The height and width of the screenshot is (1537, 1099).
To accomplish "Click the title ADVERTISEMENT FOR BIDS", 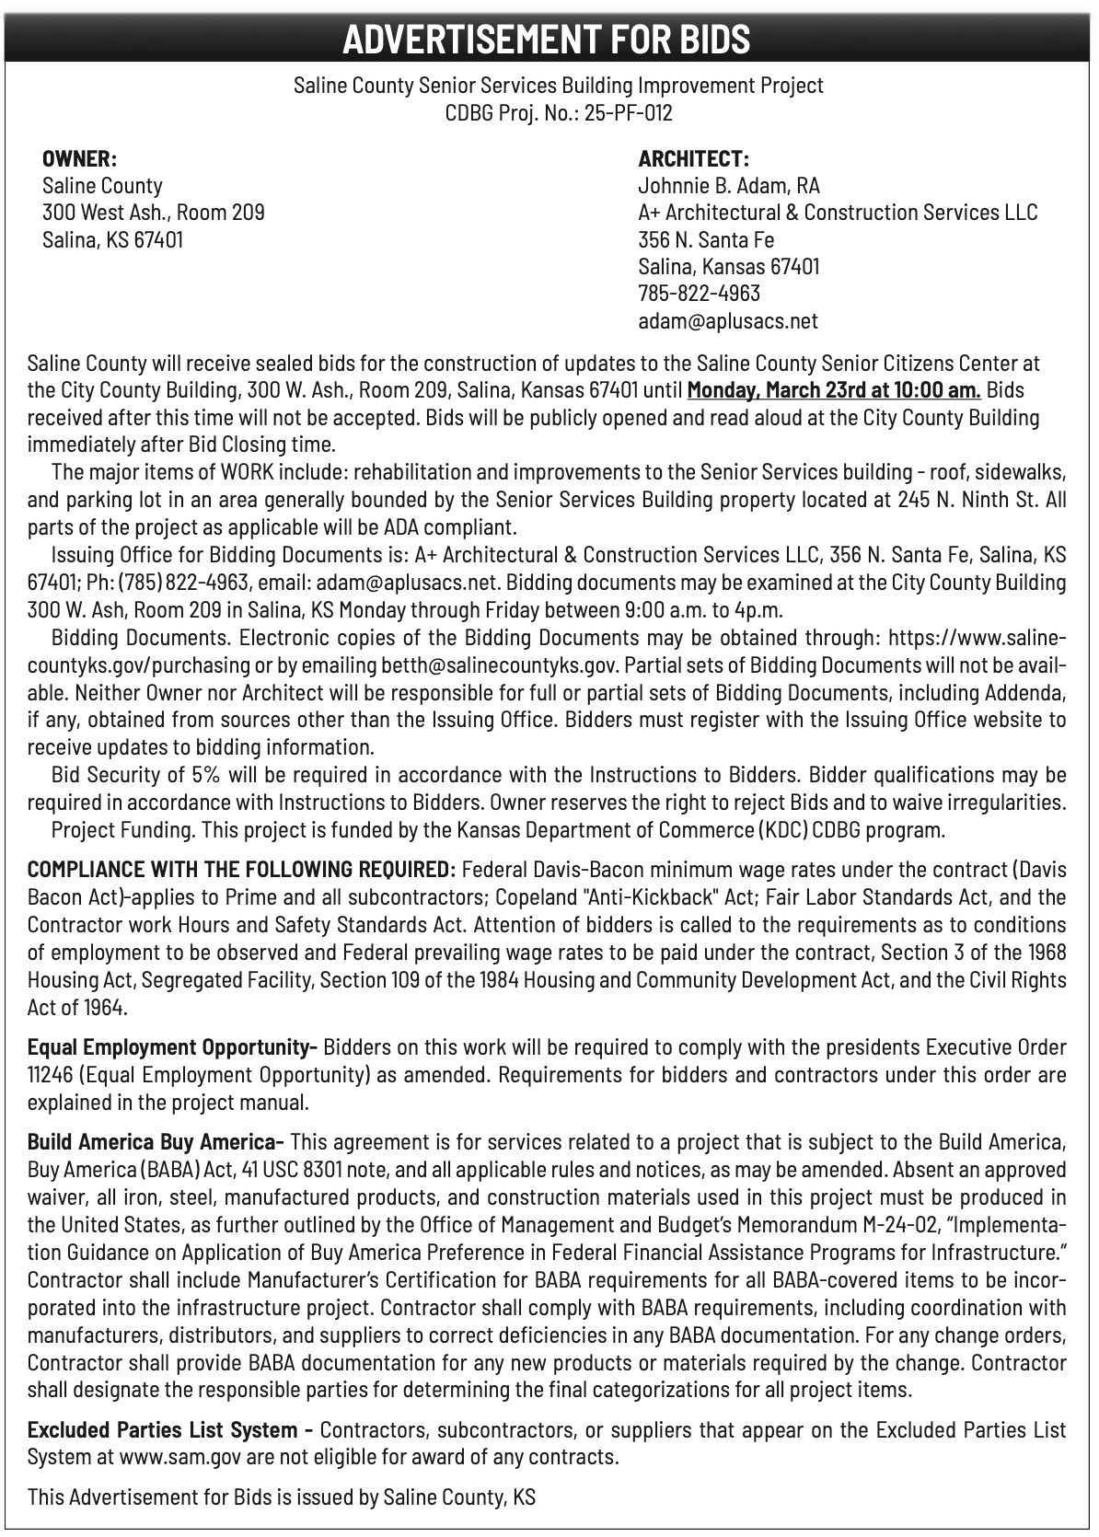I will point(547,39).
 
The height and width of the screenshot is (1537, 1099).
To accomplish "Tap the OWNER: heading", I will point(79,158).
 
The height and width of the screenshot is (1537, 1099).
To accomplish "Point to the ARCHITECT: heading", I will point(693,158).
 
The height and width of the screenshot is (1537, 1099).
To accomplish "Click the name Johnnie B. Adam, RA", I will point(728,186).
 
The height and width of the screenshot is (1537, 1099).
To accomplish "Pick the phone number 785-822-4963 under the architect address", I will point(699,294).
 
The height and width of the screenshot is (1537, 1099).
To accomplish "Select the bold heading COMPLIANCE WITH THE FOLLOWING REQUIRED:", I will point(241,870).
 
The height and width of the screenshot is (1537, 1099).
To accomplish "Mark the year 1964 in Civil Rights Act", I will point(103,1008).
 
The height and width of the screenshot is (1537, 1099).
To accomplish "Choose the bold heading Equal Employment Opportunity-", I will point(172,1047).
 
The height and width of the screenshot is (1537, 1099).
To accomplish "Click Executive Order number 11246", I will point(49,1075).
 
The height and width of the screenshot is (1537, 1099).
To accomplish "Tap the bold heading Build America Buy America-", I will point(155,1142).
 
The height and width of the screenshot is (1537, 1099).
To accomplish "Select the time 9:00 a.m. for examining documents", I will point(838,610).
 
